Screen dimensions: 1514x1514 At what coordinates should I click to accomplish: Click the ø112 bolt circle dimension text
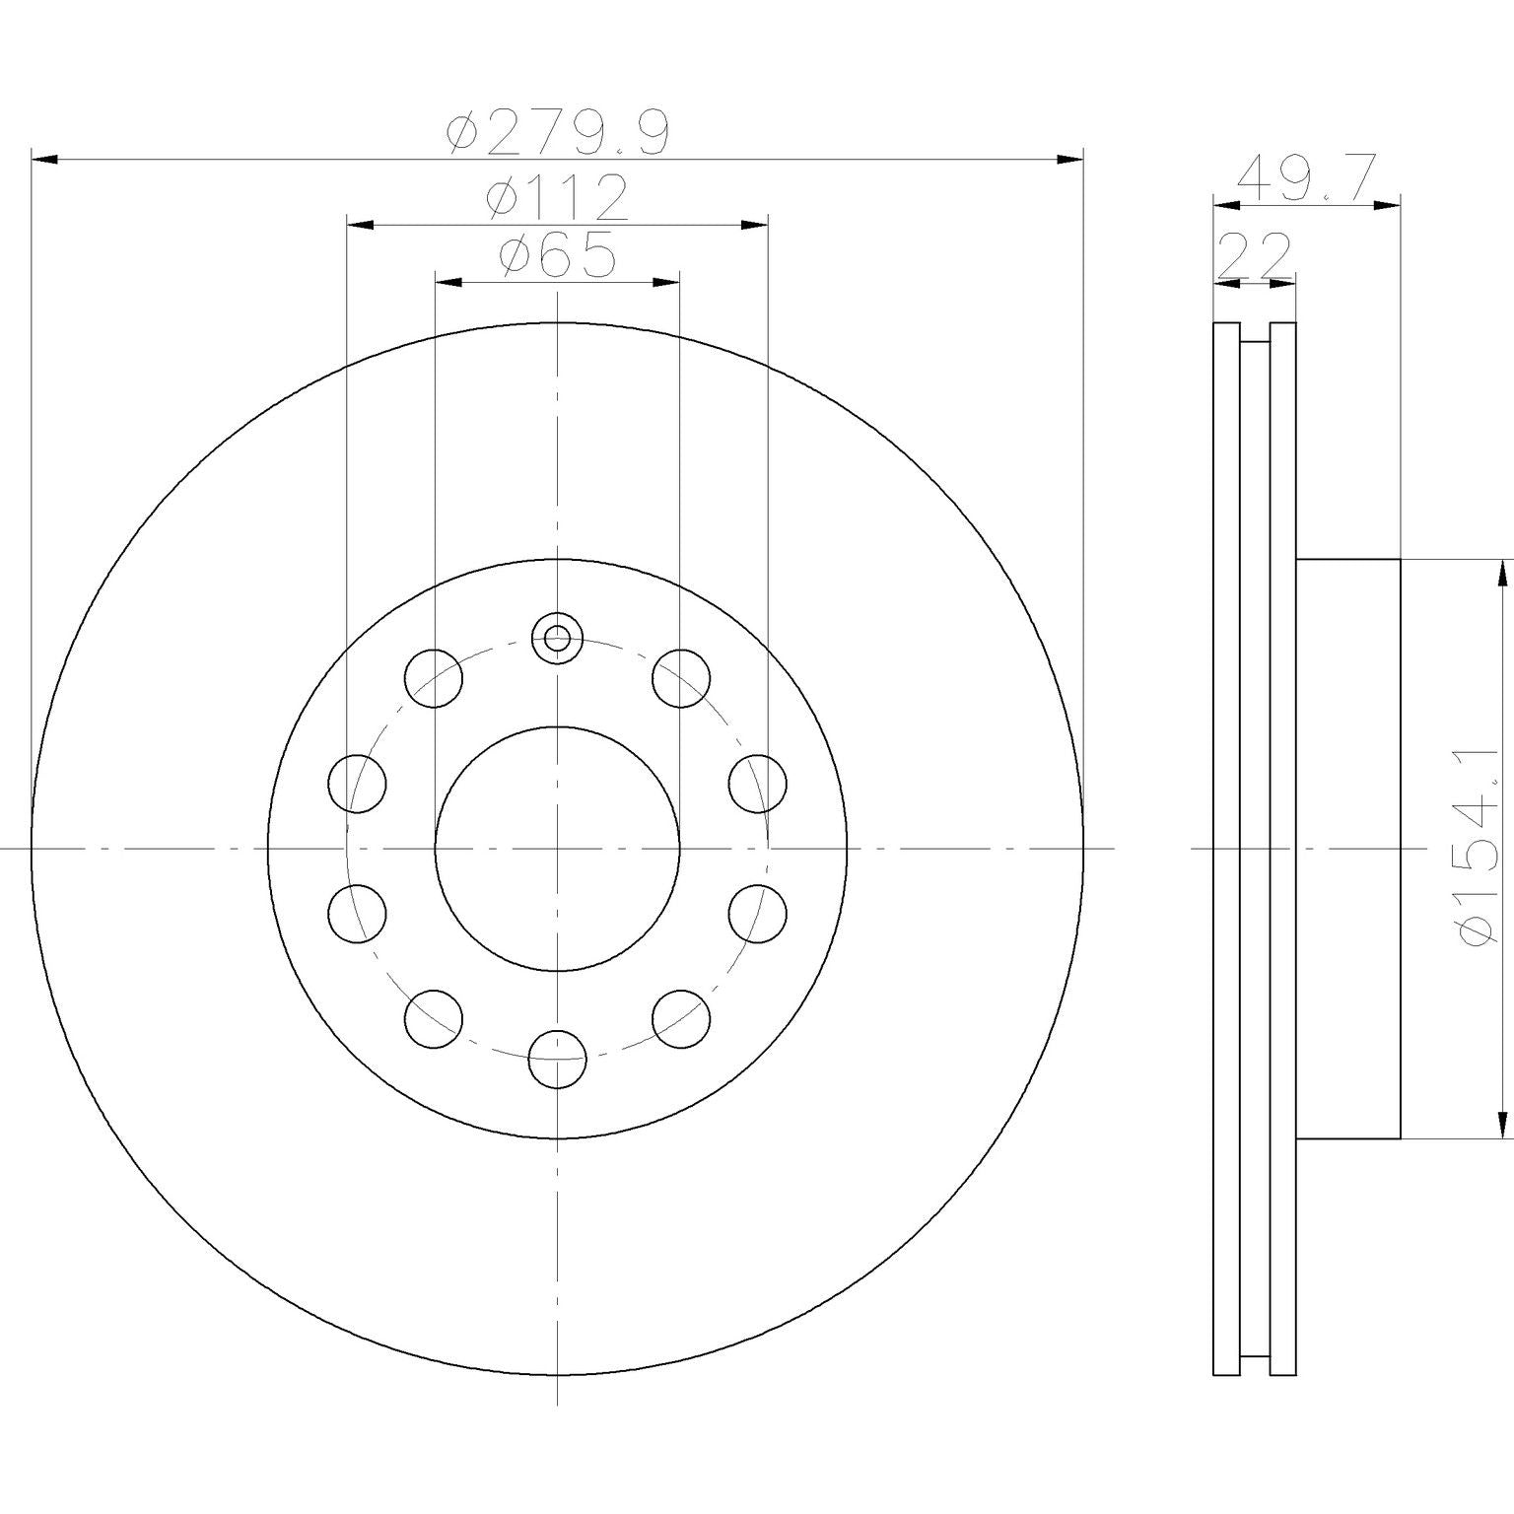tap(558, 198)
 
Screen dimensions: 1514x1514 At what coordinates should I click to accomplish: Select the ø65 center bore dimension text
tap(558, 256)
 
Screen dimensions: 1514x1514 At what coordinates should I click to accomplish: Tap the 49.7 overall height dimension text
tap(1305, 178)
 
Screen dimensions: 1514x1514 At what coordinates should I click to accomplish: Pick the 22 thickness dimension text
tap(1254, 258)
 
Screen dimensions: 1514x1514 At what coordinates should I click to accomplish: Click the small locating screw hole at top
tap(558, 638)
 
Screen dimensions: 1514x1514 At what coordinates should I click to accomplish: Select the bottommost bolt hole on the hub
tap(558, 1059)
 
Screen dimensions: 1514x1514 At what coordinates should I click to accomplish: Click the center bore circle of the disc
tap(558, 848)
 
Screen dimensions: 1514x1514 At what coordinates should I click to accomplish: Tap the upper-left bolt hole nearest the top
tap(434, 678)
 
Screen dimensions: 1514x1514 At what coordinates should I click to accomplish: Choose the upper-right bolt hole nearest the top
tap(681, 678)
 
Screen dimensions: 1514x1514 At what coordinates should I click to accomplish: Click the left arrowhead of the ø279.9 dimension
tap(45, 158)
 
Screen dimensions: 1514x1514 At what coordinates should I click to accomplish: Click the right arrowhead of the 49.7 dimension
tap(1388, 205)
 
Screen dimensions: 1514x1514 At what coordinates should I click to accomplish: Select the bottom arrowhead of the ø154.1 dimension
tap(1502, 1125)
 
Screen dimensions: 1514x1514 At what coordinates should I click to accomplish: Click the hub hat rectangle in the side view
tap(1347, 848)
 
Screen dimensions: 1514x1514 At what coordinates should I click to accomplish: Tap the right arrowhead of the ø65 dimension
tap(667, 283)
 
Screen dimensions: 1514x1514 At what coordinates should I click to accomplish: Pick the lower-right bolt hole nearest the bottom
tap(681, 1018)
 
